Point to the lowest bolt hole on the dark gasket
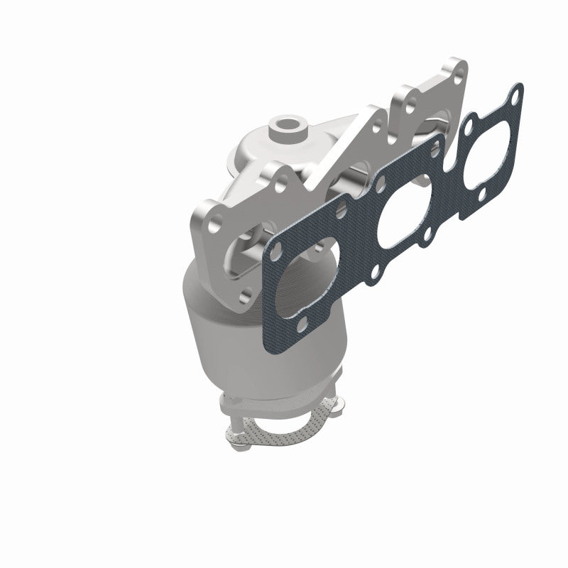302,324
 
